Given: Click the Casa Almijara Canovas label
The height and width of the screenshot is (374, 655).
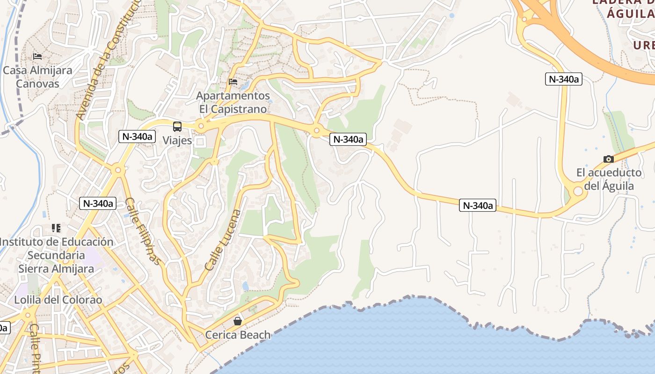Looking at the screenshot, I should pyautogui.click(x=37, y=77).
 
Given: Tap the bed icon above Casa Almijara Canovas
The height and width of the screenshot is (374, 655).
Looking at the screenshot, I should pyautogui.click(x=37, y=57).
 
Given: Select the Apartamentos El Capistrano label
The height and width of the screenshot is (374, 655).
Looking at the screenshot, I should pyautogui.click(x=233, y=102).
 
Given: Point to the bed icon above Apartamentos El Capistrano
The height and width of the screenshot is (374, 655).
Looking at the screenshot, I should pyautogui.click(x=233, y=82).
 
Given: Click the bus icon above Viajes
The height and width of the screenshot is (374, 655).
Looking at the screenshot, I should pyautogui.click(x=177, y=126).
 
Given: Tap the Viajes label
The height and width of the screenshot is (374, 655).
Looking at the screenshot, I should pyautogui.click(x=177, y=140).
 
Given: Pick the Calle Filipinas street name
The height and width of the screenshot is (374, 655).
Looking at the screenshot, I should pyautogui.click(x=143, y=231).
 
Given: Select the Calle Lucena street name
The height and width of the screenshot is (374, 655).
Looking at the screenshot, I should pyautogui.click(x=223, y=240).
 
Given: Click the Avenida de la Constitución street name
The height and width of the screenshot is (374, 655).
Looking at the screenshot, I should pyautogui.click(x=109, y=61).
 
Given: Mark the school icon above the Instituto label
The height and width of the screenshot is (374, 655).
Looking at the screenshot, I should pyautogui.click(x=56, y=228).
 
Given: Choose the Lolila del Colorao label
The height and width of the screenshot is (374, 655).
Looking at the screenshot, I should pyautogui.click(x=58, y=300).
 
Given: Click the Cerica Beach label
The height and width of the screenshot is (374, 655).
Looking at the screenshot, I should pyautogui.click(x=238, y=335).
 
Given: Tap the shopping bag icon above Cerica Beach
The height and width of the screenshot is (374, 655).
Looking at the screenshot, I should pyautogui.click(x=238, y=321).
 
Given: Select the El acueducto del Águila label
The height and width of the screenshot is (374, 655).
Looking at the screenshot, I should pyautogui.click(x=609, y=180).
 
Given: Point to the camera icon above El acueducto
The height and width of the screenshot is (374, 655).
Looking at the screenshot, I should pyautogui.click(x=609, y=159).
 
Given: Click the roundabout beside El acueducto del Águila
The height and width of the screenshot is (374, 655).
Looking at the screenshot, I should pyautogui.click(x=578, y=191).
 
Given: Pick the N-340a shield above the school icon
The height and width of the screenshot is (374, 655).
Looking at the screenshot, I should pyautogui.click(x=98, y=203).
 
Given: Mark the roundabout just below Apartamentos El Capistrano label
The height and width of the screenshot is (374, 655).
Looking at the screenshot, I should pyautogui.click(x=201, y=126).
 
